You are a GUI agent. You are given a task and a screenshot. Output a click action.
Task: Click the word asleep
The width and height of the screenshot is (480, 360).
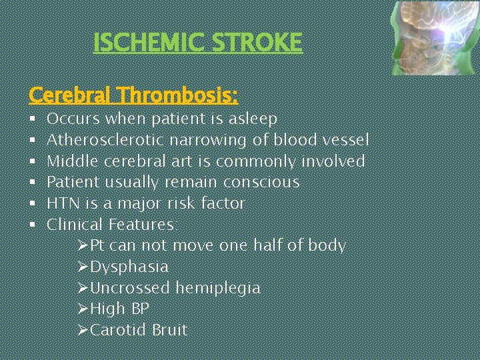tap(253, 119)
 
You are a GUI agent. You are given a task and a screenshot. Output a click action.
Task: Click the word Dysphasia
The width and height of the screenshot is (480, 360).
tap(129, 267)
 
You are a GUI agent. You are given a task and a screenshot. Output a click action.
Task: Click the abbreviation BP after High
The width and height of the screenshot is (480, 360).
tap(140, 309)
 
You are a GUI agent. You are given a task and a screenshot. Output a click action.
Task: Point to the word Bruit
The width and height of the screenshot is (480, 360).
tap(169, 330)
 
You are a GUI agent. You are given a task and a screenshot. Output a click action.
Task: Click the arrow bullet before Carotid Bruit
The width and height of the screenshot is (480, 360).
tap(83, 330)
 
